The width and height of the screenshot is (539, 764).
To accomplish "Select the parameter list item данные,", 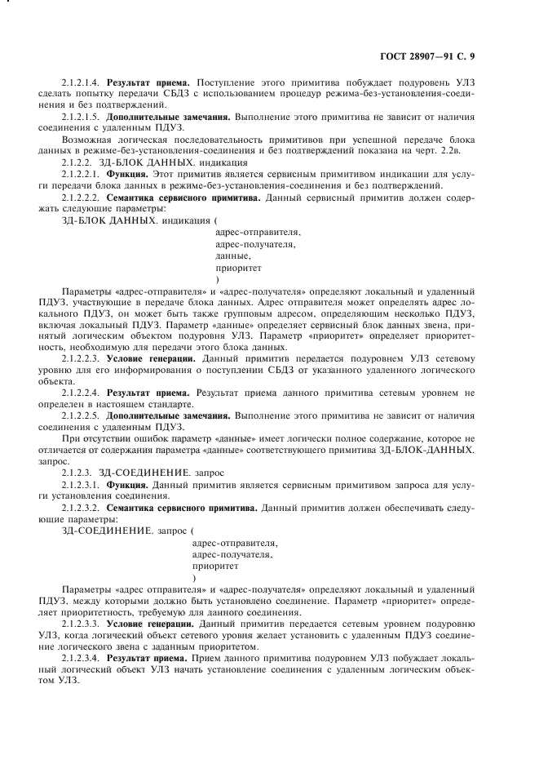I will [232, 255].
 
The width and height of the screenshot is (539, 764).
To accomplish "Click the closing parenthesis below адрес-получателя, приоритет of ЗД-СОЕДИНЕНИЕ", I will [194, 576].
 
